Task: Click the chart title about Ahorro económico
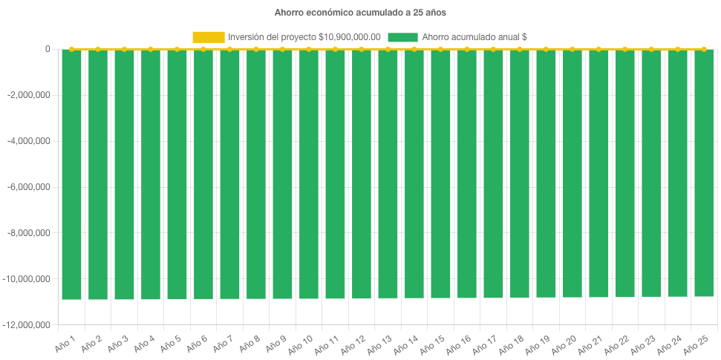pos(360,13)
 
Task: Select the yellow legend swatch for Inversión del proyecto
pos(208,36)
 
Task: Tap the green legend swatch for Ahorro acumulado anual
pos(402,36)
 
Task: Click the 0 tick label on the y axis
pos(48,49)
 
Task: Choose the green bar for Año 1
pos(71,174)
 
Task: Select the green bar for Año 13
pos(388,174)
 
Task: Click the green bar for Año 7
pos(229,174)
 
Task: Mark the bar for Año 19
pos(546,174)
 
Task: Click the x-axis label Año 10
pos(301,344)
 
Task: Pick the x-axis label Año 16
pos(460,344)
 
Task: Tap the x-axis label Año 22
pos(618,344)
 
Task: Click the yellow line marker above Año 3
pos(124,49)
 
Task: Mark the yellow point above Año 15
pos(440,49)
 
